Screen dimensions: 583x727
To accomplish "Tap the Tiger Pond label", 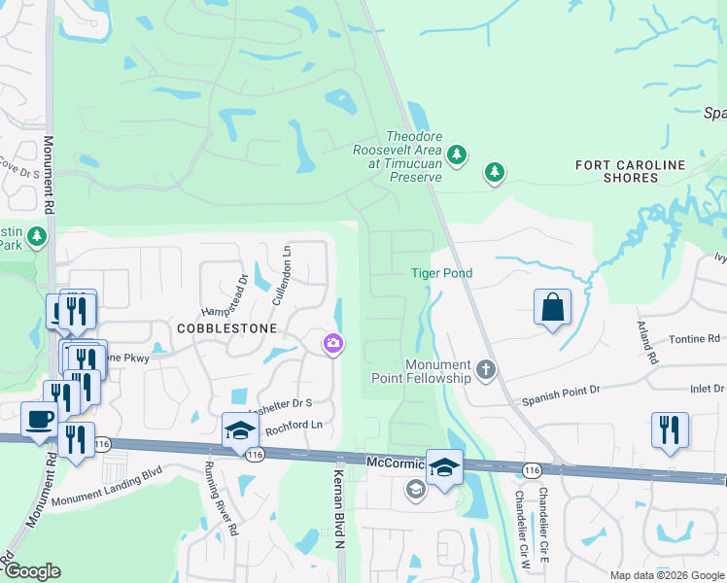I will (441, 273).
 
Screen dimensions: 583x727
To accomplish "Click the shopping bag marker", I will (552, 308).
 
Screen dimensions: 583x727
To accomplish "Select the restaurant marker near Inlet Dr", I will (670, 429).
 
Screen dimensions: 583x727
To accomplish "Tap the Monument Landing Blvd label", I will (107, 486).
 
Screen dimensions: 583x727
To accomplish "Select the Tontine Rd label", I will (695, 338).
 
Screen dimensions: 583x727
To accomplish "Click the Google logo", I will (31, 571).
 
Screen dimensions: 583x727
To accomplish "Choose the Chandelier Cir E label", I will (544, 524).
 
